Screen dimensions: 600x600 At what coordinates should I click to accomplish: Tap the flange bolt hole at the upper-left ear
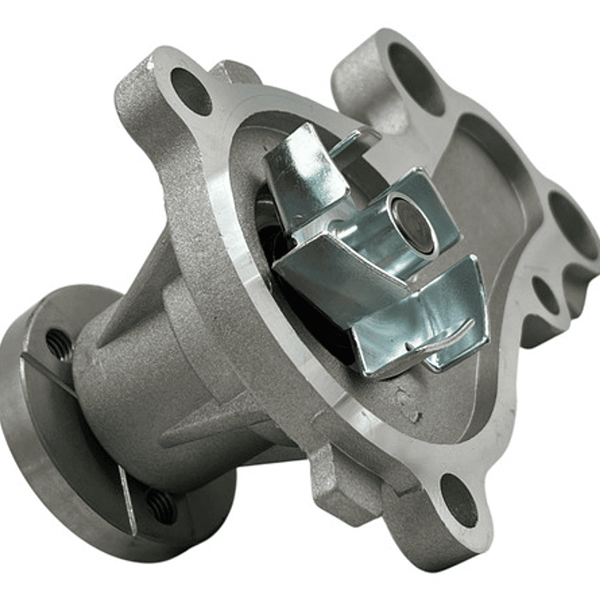[x=191, y=90]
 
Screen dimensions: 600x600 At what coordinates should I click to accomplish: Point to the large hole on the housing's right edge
[x=574, y=225]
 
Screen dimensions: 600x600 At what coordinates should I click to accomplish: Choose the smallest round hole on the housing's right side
[x=546, y=295]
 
